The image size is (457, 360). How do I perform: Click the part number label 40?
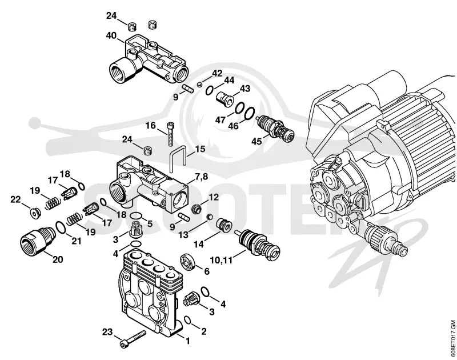click(x=111, y=36)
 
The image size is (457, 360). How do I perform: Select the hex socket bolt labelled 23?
click(x=133, y=338)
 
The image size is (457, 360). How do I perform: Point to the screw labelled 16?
click(x=170, y=134)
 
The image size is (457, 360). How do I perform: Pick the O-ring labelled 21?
click(x=61, y=227)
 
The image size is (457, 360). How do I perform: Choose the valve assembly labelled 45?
click(x=275, y=127)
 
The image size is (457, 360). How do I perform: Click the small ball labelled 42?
click(x=199, y=85)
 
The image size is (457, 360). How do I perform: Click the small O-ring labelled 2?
click(x=188, y=321)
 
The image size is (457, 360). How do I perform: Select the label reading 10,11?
click(x=221, y=260)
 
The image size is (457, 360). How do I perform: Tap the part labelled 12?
click(x=196, y=208)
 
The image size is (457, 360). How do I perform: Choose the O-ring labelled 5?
click(x=136, y=216)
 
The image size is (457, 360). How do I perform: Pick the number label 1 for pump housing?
click(x=187, y=341)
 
